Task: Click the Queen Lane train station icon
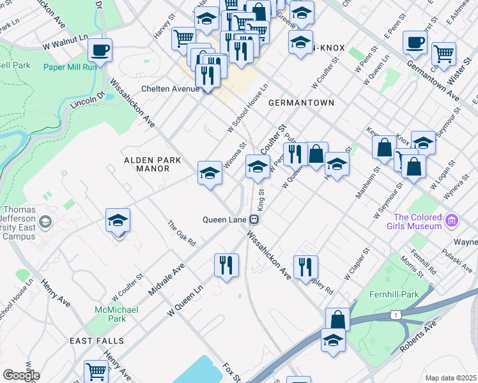point(254,220)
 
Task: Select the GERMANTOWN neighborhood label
point(301,102)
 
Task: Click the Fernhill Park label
point(393,294)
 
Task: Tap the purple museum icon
point(452,221)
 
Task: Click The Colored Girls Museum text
point(417,222)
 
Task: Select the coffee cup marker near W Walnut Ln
point(100,49)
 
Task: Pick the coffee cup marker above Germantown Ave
point(415,42)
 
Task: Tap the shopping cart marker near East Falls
point(96,370)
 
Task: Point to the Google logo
point(21,375)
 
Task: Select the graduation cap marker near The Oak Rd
point(118,220)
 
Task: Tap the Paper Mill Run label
point(70,66)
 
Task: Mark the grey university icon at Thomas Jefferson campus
point(45,222)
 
